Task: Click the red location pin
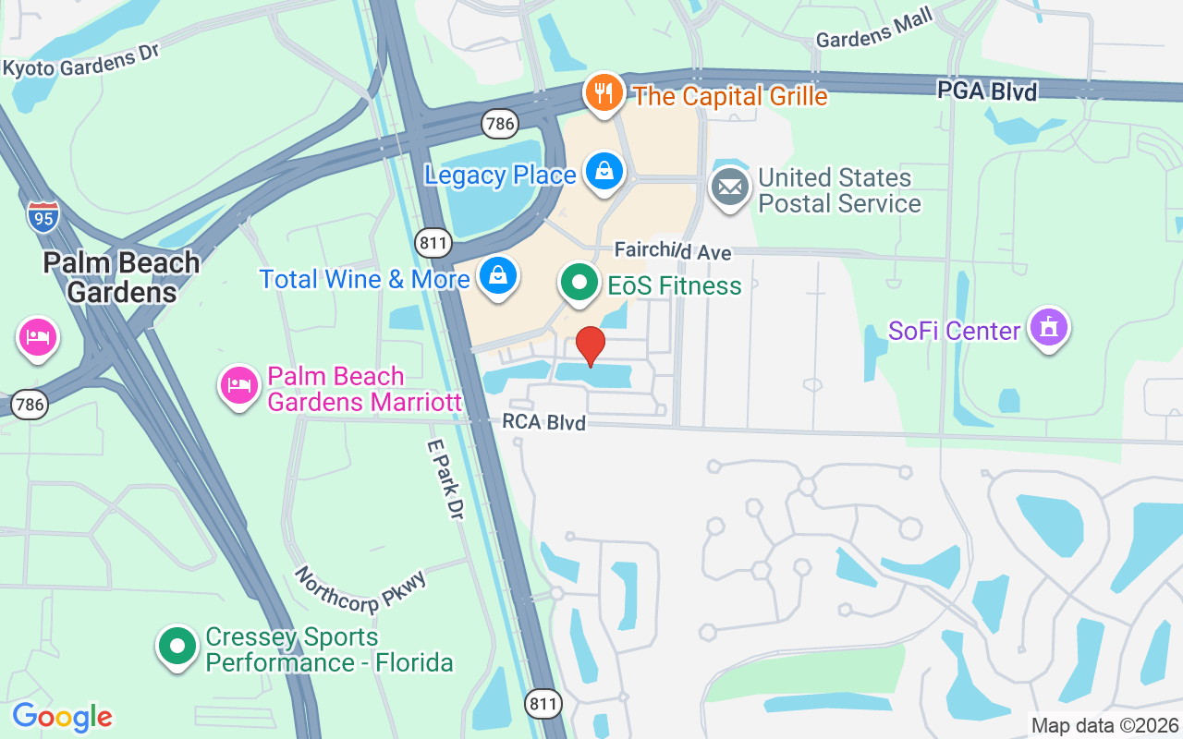[x=591, y=345]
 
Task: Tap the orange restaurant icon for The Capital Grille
[x=603, y=92]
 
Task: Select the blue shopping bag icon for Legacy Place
[x=604, y=172]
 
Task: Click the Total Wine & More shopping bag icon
[x=498, y=275]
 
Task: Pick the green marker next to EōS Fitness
[x=579, y=283]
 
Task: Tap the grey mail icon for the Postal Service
[x=730, y=188]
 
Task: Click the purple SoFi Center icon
[x=1048, y=328]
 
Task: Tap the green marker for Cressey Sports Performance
[x=177, y=647]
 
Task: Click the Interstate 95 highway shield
[x=43, y=216]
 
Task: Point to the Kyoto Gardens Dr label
[x=81, y=61]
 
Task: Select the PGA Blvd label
[x=987, y=91]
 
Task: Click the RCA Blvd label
[x=543, y=422]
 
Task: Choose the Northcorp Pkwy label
[x=361, y=590]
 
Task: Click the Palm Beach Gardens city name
[x=122, y=277]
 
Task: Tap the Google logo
[x=62, y=717]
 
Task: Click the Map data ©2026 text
[x=1104, y=726]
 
